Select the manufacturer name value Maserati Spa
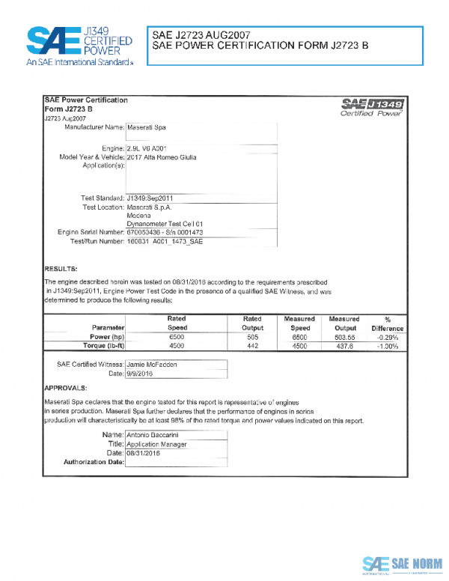[147, 129]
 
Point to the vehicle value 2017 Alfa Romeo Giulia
[162, 159]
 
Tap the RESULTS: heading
[61, 268]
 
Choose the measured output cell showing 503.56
[343, 337]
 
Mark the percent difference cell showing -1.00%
[388, 346]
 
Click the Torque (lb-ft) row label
[100, 346]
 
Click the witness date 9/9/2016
[141, 373]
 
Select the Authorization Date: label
[94, 462]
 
